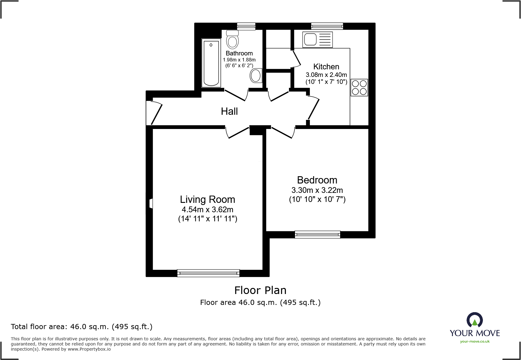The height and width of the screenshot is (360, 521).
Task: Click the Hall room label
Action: [229, 111]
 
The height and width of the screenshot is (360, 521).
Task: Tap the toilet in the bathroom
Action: [232, 39]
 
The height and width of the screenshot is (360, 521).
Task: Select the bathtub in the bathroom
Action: [211, 63]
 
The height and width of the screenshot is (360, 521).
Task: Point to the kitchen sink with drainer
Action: [317, 39]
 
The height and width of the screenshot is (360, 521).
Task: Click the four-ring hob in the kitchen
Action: [359, 87]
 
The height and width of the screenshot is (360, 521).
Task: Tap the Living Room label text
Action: [208, 200]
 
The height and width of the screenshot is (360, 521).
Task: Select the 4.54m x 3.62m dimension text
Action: [208, 210]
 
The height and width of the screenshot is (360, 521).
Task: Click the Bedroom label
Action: [317, 180]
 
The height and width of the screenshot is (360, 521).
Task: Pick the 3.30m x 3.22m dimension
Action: [317, 190]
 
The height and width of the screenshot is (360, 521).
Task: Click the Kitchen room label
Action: [326, 67]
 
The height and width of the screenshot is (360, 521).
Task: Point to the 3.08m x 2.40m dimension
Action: [326, 74]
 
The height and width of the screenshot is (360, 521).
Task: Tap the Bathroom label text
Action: [239, 53]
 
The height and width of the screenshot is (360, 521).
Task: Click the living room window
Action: [208, 273]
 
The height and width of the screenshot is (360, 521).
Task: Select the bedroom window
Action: [317, 235]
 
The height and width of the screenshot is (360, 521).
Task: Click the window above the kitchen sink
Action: [327, 26]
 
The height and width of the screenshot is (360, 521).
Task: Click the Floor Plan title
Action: [260, 290]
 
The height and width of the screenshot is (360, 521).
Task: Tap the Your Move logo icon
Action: [475, 320]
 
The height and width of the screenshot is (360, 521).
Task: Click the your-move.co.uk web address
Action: [475, 342]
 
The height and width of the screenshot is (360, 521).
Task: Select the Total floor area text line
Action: [82, 327]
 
